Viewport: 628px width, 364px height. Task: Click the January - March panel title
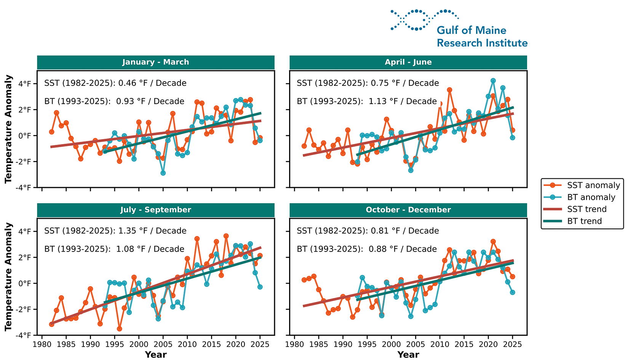coord(155,62)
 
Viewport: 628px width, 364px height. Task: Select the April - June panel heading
coord(408,62)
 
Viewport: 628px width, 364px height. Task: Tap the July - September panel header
coord(155,210)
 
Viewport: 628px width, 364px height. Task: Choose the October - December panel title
coord(408,210)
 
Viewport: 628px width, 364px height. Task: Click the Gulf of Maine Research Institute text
coord(482,37)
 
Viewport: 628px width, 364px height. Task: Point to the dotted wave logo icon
coord(424,20)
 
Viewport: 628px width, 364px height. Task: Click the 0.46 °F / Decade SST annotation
coord(115,83)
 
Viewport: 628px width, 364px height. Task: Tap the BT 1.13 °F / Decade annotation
coord(366,101)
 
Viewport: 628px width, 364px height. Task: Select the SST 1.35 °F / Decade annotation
coord(115,231)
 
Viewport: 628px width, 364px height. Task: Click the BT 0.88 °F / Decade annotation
coord(366,249)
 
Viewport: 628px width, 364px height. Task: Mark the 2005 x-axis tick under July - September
coord(163,344)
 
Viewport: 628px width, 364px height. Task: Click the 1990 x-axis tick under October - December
coord(343,344)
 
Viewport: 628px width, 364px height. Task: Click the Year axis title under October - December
coord(408,355)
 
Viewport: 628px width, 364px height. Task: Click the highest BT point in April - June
coord(493,81)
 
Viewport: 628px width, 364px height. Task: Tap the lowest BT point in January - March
coord(163,173)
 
